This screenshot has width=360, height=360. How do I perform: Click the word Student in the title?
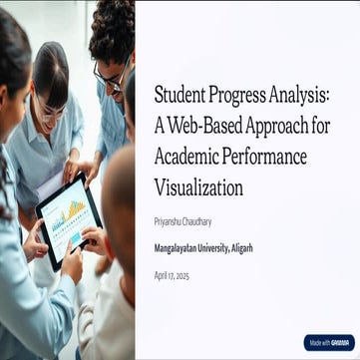(178, 96)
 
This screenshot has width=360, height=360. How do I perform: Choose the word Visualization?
(198, 186)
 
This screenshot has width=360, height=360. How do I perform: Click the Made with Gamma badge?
(329, 342)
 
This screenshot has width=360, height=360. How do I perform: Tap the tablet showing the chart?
(68, 219)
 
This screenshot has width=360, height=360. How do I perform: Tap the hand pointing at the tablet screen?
(93, 239)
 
